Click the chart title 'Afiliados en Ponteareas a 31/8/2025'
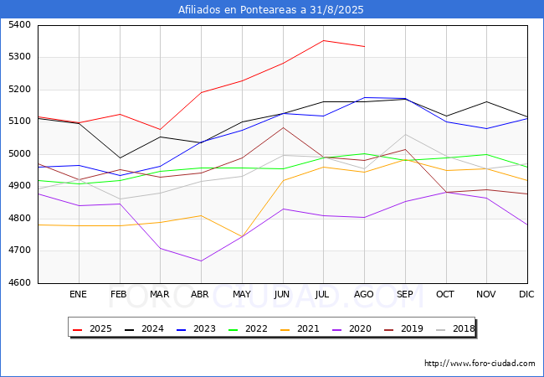click(271, 10)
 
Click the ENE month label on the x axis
click(78, 295)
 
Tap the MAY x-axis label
click(242, 295)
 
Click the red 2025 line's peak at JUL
click(324, 40)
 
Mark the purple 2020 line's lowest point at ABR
click(201, 261)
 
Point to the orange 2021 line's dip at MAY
click(242, 236)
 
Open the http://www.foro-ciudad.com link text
click(480, 364)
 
